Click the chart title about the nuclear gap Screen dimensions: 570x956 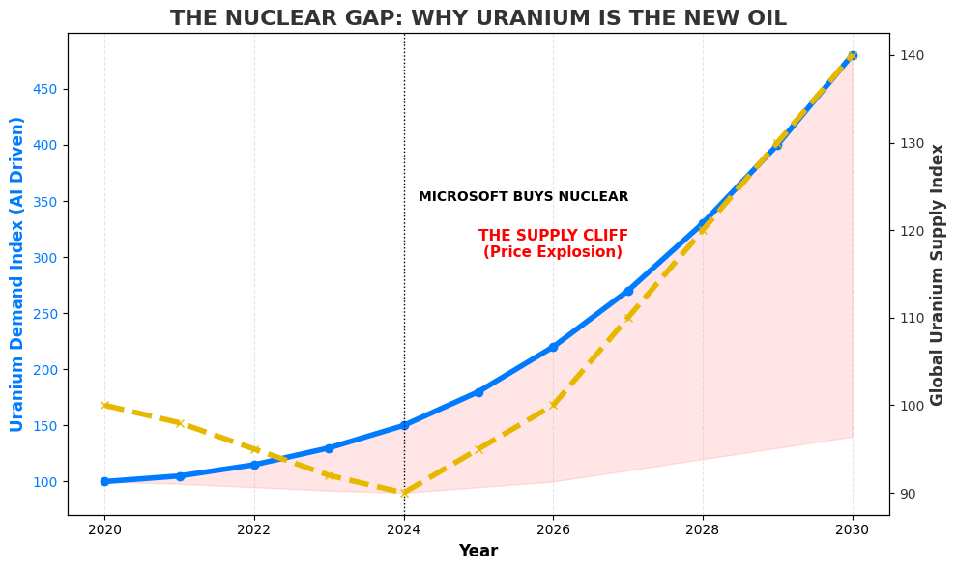(x=478, y=18)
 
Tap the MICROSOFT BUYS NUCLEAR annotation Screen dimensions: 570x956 (x=523, y=197)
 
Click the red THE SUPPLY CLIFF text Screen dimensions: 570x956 (x=553, y=236)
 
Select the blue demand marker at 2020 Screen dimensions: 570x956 (x=104, y=481)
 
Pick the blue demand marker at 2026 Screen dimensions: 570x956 (x=553, y=347)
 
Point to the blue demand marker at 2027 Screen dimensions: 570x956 (x=628, y=291)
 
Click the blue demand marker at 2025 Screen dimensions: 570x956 (x=478, y=392)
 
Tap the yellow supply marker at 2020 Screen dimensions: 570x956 (x=104, y=406)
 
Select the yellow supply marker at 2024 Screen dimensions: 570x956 (x=404, y=493)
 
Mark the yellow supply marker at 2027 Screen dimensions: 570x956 (x=628, y=318)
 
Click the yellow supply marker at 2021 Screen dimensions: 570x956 (x=180, y=423)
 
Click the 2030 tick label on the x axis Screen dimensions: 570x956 (x=852, y=529)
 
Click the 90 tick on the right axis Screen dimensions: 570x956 (x=907, y=493)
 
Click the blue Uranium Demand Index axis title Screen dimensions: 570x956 (x=17, y=273)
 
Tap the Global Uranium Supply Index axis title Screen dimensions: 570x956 (x=938, y=273)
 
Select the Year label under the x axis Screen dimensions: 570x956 (x=478, y=551)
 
